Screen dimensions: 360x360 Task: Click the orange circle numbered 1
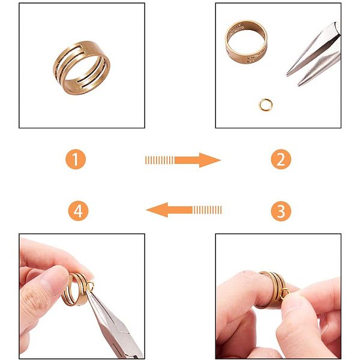pos(76,159)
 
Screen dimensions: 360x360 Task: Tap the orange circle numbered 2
pos(281,159)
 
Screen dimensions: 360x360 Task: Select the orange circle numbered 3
pos(281,211)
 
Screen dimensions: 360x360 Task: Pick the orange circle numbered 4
pos(78,211)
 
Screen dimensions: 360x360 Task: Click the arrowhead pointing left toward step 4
pos(157,210)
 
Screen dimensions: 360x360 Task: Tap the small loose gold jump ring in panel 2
pos(266,106)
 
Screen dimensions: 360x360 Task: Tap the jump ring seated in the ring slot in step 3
pos(284,293)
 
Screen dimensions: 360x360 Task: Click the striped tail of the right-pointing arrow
pos(160,160)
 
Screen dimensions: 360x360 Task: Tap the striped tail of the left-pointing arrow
pos(208,210)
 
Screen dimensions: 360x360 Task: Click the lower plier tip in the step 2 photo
pos(300,83)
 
